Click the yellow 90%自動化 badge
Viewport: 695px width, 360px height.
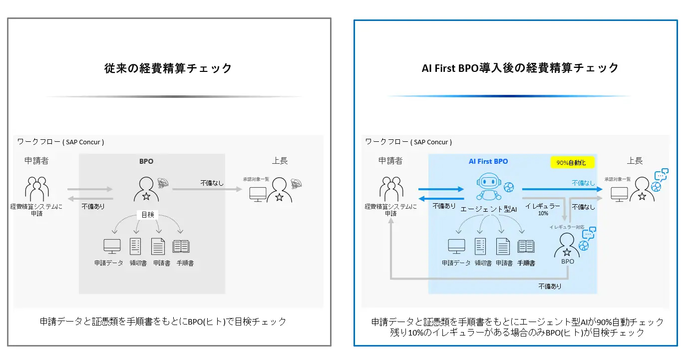[572, 162]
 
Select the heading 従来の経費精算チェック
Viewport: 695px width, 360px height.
[168, 68]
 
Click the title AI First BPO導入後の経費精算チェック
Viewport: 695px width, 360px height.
[520, 68]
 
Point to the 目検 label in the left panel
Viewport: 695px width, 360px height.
[147, 215]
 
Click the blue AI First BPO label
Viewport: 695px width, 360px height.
[488, 161]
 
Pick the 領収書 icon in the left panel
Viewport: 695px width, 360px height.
[135, 246]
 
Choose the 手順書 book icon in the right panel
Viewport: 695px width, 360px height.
[526, 246]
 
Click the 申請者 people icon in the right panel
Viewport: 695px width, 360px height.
[391, 189]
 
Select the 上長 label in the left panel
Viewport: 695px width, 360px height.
[280, 161]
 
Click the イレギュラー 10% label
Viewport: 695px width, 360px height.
[543, 209]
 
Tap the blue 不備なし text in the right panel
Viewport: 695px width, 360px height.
[583, 183]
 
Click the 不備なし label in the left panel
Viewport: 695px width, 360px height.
[212, 183]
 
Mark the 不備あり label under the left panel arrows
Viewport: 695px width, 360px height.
[93, 206]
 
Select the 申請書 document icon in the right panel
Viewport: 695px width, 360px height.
[503, 246]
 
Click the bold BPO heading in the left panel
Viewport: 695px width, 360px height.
[146, 161]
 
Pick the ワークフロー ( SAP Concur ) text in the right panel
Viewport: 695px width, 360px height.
[408, 142]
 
